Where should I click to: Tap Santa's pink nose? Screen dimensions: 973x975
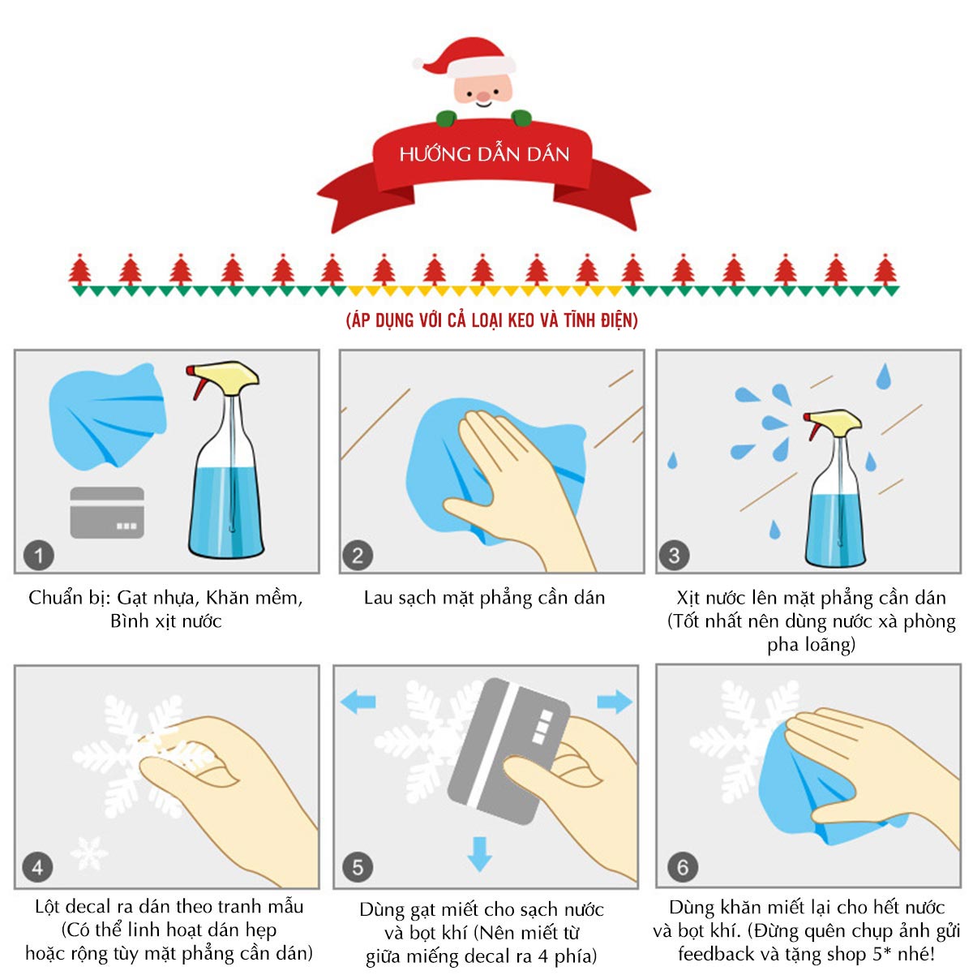tap(483, 97)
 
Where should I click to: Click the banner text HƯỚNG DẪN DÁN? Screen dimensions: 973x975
tap(484, 154)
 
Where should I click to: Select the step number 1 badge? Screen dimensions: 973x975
tap(39, 555)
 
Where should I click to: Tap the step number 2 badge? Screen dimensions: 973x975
tap(358, 555)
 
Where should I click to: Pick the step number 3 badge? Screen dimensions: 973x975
tap(674, 555)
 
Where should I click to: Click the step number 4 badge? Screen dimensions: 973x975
tap(38, 867)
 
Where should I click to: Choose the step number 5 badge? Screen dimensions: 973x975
tap(358, 867)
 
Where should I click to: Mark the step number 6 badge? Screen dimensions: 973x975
tap(683, 867)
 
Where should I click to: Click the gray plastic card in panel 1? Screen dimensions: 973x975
tap(107, 513)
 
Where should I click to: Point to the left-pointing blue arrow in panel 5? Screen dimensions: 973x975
tap(358, 702)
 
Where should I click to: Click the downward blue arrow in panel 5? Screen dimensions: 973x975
tap(479, 854)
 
